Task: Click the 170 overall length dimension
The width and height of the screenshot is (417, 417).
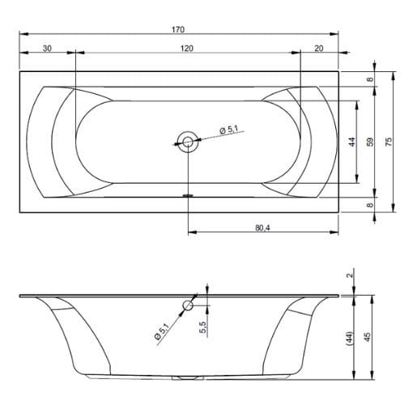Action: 178,29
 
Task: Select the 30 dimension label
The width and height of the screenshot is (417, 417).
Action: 47,49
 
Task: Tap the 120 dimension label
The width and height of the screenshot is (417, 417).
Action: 187,49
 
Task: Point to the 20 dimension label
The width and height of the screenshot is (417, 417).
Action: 319,49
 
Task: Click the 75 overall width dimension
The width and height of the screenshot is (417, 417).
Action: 389,142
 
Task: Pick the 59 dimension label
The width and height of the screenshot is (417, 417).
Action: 370,142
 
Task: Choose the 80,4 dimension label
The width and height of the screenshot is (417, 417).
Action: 262,228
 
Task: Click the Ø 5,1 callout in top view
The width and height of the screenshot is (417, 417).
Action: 229,130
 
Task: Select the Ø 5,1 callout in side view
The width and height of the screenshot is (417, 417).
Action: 161,331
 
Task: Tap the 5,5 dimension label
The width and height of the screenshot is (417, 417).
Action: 203,327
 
